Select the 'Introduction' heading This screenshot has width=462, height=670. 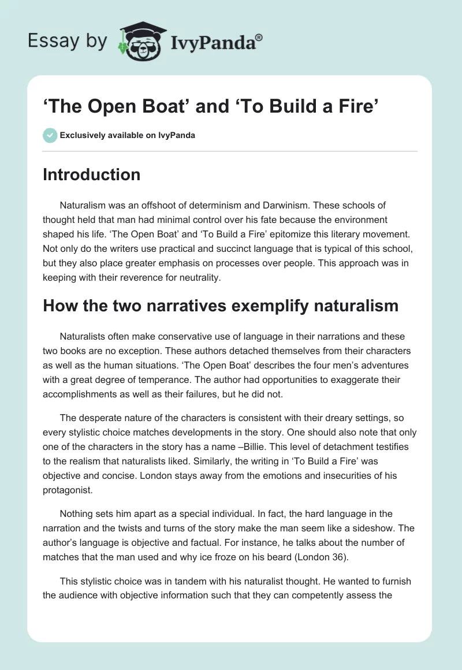click(x=91, y=174)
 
